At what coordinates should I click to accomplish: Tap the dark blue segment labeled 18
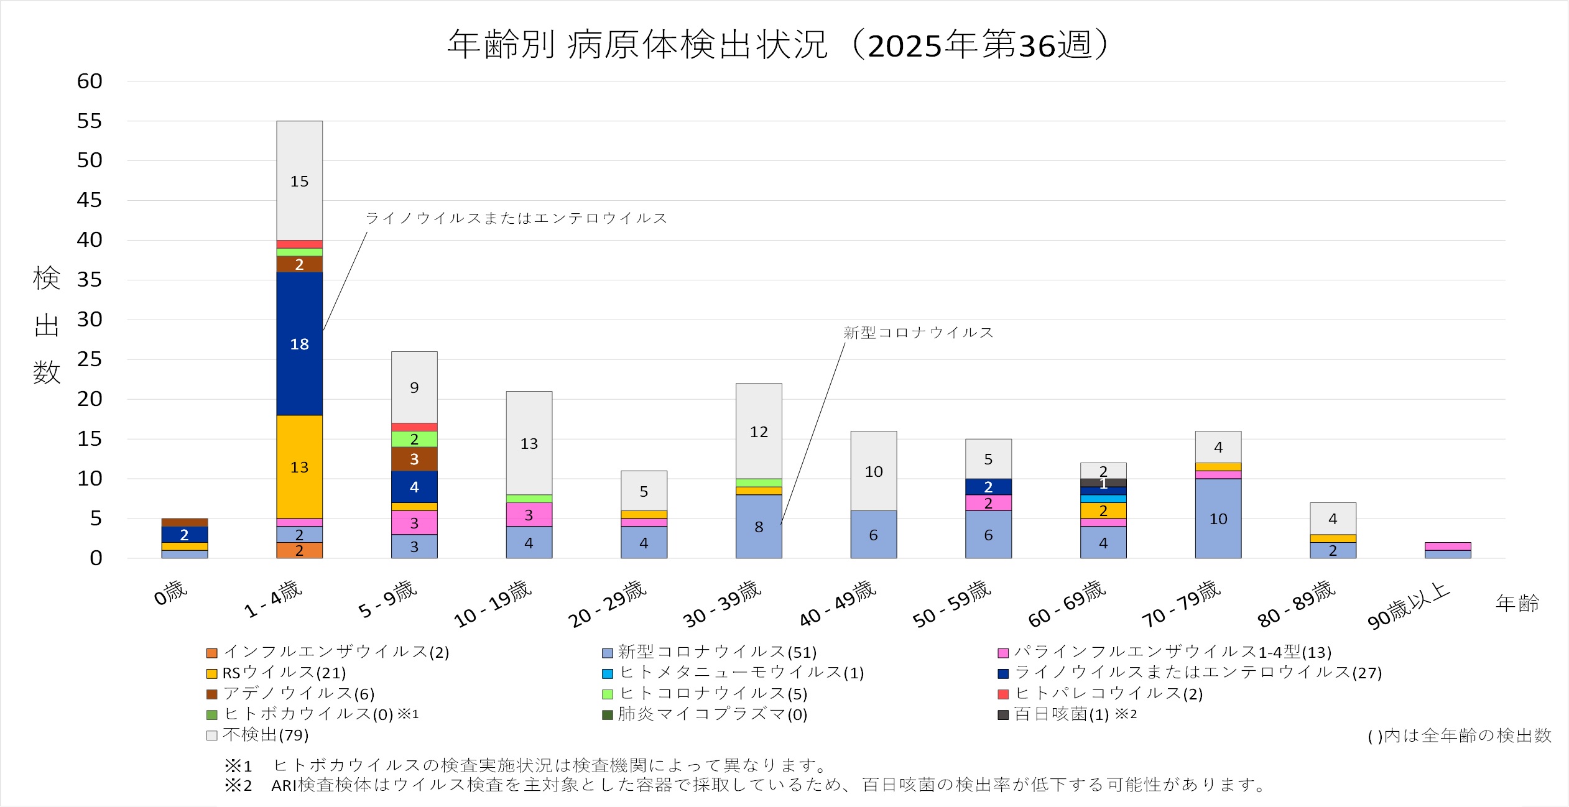coord(299,344)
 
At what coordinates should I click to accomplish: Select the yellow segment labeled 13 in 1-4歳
coord(299,467)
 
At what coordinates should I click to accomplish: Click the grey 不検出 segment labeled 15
coord(299,181)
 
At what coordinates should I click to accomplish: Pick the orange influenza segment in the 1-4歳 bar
coord(299,550)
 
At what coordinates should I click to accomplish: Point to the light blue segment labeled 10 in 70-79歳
coord(1218,519)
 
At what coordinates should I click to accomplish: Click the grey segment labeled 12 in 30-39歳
coord(759,431)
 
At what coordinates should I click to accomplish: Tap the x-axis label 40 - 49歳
coord(838,604)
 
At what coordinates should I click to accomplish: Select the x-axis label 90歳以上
coord(1409,606)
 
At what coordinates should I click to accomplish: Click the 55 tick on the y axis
coord(90,121)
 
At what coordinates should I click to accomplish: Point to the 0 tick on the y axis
coord(96,558)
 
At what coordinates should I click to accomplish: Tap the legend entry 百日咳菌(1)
coord(1061,714)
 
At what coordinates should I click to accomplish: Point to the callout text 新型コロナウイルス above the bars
coord(918,333)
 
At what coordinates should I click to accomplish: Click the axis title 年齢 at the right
coord(1517,603)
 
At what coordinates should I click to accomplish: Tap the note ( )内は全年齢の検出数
coord(1459,736)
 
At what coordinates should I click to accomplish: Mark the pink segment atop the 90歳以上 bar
coord(1448,546)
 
